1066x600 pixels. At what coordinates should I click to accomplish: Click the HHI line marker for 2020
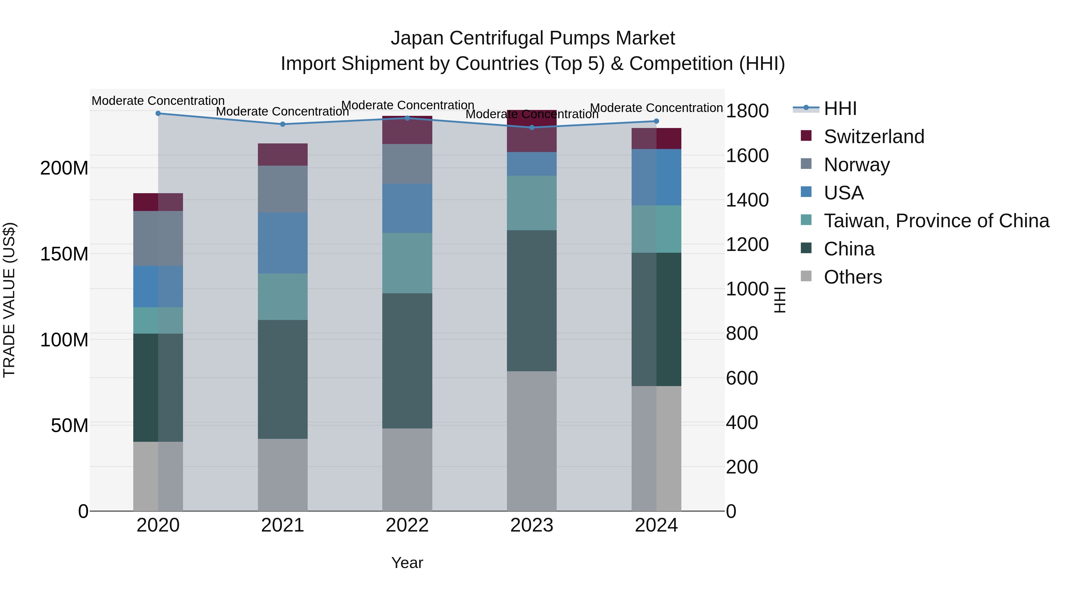point(158,113)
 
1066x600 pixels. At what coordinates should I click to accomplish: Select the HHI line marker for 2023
point(532,127)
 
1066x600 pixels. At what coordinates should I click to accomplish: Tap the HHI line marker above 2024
point(656,121)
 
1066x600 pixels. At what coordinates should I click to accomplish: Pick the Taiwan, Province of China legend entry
point(936,221)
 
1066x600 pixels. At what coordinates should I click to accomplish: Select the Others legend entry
point(853,277)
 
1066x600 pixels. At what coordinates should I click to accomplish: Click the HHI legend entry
point(840,108)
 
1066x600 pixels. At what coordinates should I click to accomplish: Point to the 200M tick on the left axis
point(64,168)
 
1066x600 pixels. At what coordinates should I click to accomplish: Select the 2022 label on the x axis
point(407,525)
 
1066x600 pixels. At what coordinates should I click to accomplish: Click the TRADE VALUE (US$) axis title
point(9,300)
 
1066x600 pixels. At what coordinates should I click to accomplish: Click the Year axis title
point(407,563)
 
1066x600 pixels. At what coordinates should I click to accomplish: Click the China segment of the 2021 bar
point(283,379)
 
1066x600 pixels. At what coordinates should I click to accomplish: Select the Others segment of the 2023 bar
point(532,441)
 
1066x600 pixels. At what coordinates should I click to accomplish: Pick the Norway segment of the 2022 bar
point(407,164)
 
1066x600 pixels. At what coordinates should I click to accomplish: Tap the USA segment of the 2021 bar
point(283,243)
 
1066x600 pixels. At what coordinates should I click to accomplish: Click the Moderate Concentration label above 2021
point(283,112)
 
